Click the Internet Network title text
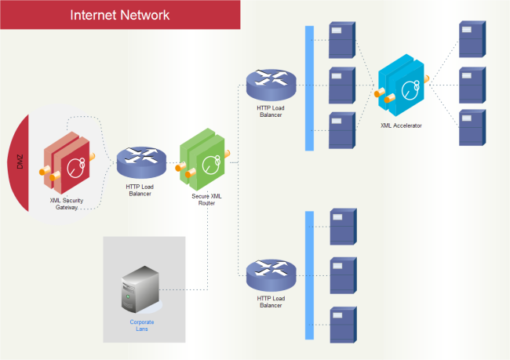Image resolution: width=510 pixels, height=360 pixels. click(119, 15)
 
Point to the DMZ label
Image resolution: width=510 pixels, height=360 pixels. click(20, 163)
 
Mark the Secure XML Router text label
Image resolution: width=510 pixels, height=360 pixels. click(206, 199)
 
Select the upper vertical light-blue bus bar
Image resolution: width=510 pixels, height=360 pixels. click(309, 87)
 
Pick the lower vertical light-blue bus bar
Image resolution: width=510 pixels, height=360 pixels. click(309, 275)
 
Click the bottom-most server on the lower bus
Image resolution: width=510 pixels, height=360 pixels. click(342, 324)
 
